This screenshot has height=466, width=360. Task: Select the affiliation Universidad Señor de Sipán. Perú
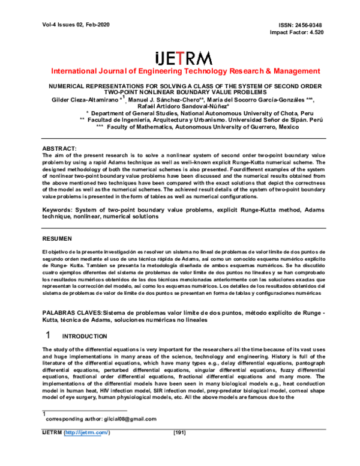coord(256,120)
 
